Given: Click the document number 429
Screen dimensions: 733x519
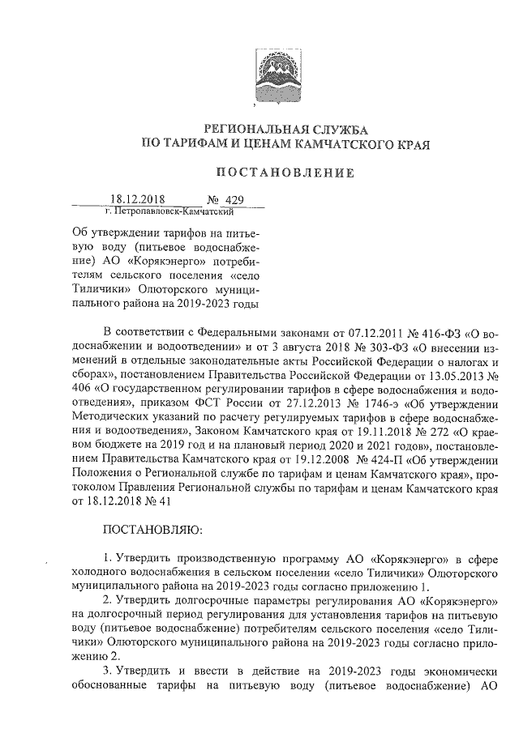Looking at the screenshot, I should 235,199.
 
